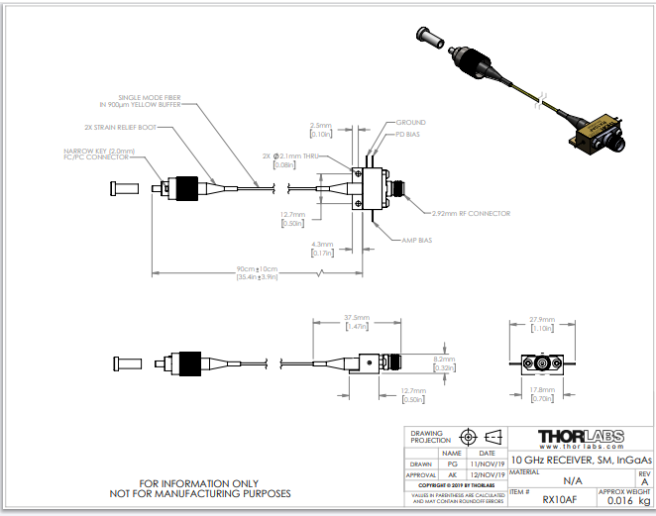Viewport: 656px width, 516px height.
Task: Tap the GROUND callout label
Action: tap(411, 123)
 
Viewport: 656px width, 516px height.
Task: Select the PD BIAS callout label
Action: tap(408, 134)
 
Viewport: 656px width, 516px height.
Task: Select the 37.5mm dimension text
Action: tap(356, 318)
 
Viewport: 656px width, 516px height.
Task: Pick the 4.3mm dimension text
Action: tap(323, 244)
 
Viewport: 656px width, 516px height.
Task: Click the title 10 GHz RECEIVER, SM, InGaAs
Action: tap(582, 460)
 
